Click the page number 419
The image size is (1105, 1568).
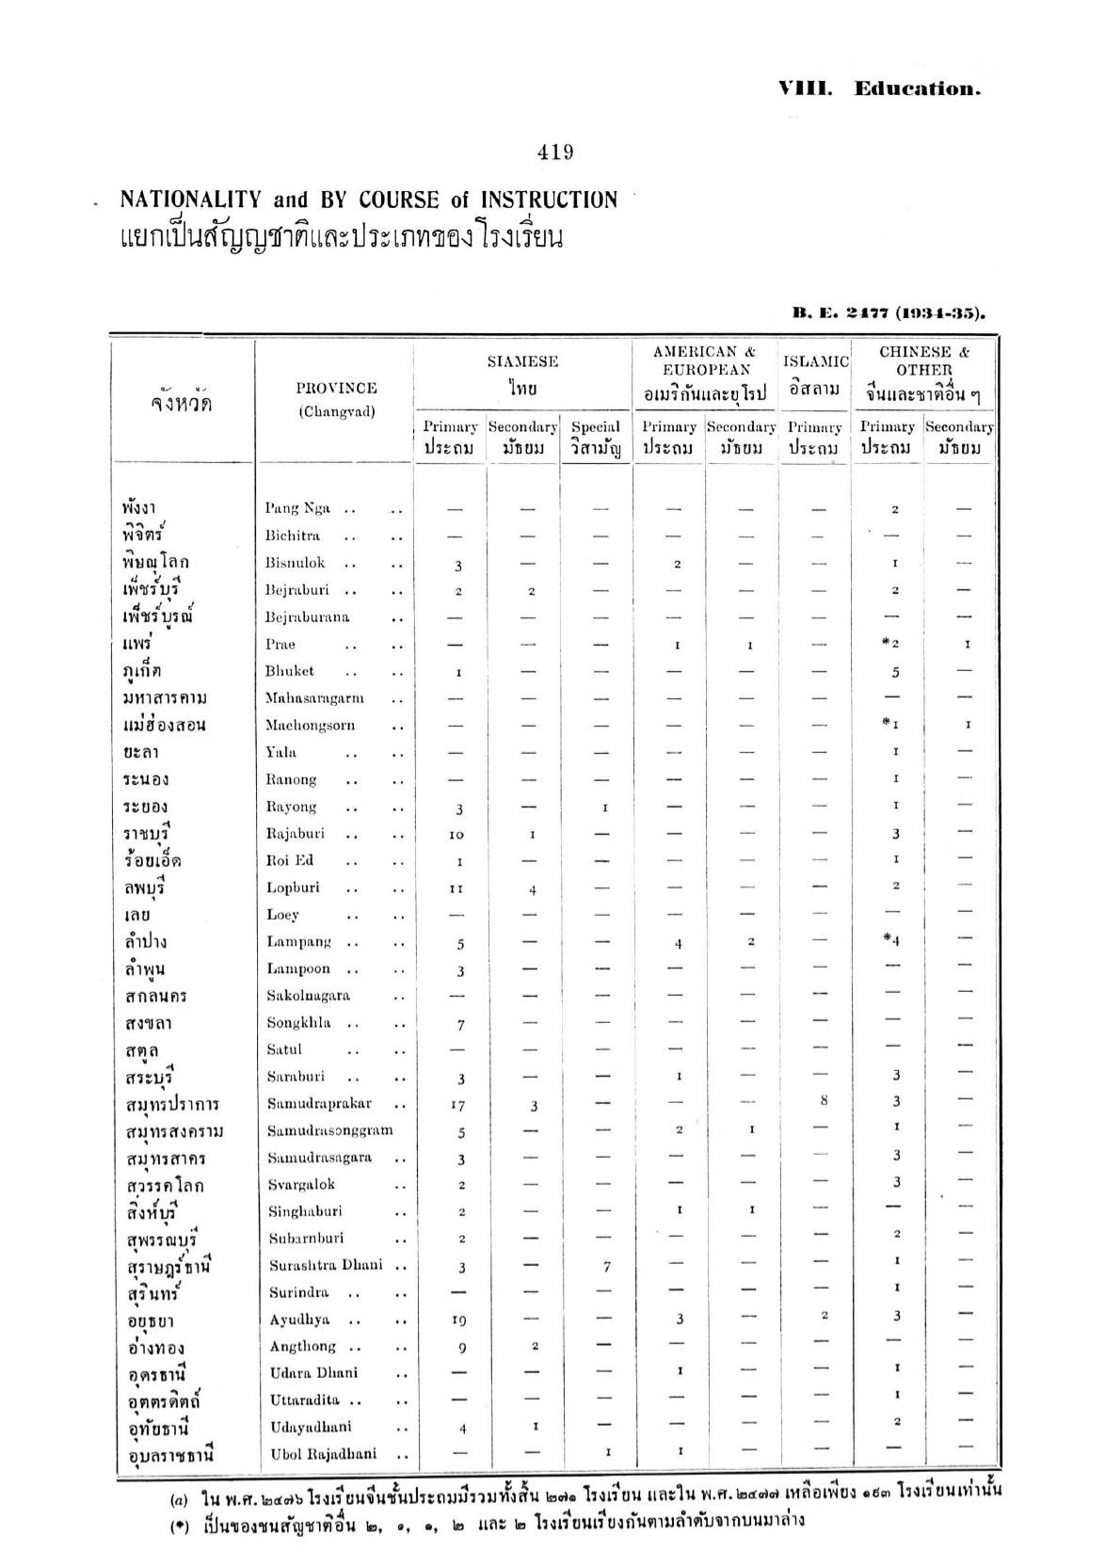pyautogui.click(x=555, y=152)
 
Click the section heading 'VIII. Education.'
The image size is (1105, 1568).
pyautogui.click(x=879, y=89)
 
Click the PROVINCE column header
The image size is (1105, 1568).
pyautogui.click(x=336, y=388)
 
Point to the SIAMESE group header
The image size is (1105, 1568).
pyautogui.click(x=522, y=361)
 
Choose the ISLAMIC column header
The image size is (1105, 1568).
pyautogui.click(x=815, y=361)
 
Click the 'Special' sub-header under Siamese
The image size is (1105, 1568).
pyautogui.click(x=596, y=427)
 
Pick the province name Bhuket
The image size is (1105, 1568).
pyautogui.click(x=289, y=671)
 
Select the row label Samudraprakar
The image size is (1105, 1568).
pyautogui.click(x=319, y=1103)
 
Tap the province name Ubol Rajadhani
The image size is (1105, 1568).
pyautogui.click(x=324, y=1453)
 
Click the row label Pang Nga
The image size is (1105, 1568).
pyautogui.click(x=297, y=508)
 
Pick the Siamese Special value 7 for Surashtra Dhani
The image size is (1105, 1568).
pyautogui.click(x=607, y=1267)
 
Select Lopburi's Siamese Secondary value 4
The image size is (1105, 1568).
pyautogui.click(x=533, y=889)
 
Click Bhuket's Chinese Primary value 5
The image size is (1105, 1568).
pyautogui.click(x=895, y=672)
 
